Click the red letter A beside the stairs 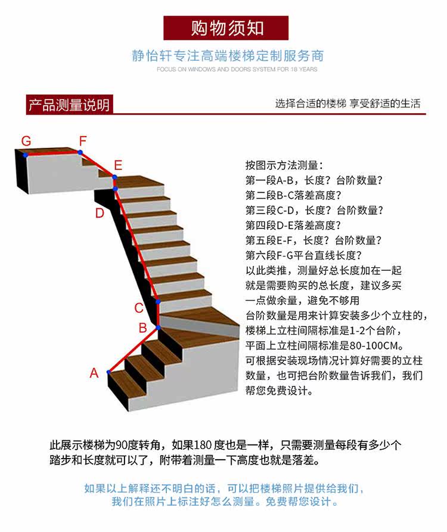pyautogui.click(x=94, y=373)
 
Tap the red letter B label pyautogui.click(x=143, y=327)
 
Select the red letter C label pyautogui.click(x=138, y=308)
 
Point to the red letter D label pyautogui.click(x=100, y=213)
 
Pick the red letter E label pyautogui.click(x=118, y=165)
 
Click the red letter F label pyautogui.click(x=83, y=141)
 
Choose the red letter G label pyautogui.click(x=26, y=141)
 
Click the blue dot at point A pyautogui.click(x=108, y=372)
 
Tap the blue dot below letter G pyautogui.click(x=26, y=154)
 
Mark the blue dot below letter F pyautogui.click(x=80, y=153)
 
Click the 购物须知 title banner pyautogui.click(x=226, y=28)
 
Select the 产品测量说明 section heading pyautogui.click(x=69, y=106)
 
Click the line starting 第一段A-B pyautogui.click(x=313, y=180)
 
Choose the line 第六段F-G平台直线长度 pyautogui.click(x=303, y=255)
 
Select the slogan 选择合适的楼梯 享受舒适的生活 pyautogui.click(x=347, y=103)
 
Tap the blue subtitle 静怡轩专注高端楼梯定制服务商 pyautogui.click(x=228, y=56)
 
